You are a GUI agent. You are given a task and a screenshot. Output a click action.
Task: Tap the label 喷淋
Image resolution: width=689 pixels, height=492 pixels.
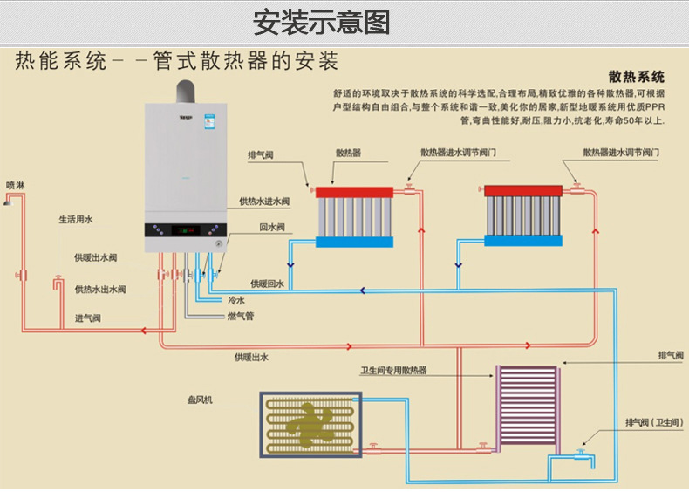pos(16,185)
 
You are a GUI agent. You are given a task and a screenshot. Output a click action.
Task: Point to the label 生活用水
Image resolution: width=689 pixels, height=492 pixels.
pos(75,220)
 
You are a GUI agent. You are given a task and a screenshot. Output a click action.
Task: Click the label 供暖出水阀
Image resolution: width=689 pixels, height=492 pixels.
pos(95,258)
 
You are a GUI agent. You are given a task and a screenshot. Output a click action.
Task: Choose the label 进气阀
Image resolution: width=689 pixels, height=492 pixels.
pos(87,318)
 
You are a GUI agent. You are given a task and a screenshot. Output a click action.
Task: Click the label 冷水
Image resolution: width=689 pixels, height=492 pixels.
pos(235,300)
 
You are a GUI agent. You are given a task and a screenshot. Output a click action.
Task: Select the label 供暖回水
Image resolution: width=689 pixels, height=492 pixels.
pos(267,284)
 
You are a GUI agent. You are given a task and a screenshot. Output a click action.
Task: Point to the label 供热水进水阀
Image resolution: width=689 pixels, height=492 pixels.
pos(264,202)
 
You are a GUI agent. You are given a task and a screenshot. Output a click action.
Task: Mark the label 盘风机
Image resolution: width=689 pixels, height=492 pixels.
pos(200,400)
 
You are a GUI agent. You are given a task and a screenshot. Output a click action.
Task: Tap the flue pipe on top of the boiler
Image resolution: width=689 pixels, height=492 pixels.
pos(186,91)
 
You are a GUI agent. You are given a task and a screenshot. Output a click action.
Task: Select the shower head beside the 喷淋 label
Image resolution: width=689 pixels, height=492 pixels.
pos(8,202)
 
